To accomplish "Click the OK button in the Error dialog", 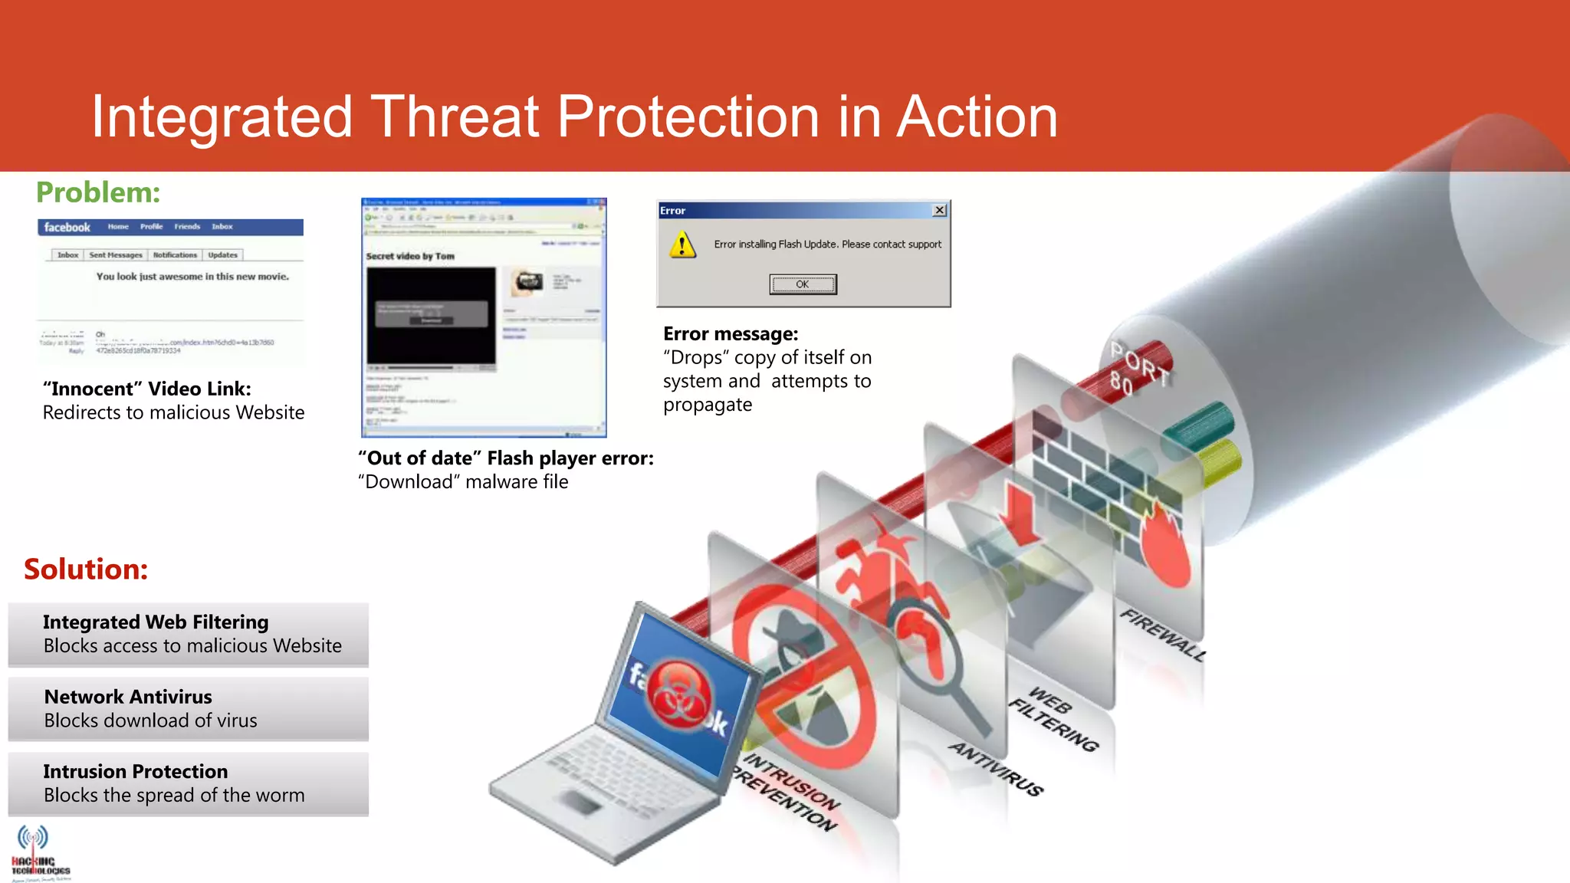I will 803,284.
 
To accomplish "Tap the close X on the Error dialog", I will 939,210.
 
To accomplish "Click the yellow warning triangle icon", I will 682,245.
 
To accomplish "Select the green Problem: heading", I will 98,192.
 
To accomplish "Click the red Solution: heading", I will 86,570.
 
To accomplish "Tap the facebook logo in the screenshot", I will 67,228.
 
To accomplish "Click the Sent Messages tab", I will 116,255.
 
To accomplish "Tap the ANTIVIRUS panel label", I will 997,769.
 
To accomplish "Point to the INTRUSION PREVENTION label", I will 786,793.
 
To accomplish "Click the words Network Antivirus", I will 128,697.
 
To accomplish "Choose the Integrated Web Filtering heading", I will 156,622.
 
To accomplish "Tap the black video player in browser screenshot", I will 431,315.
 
